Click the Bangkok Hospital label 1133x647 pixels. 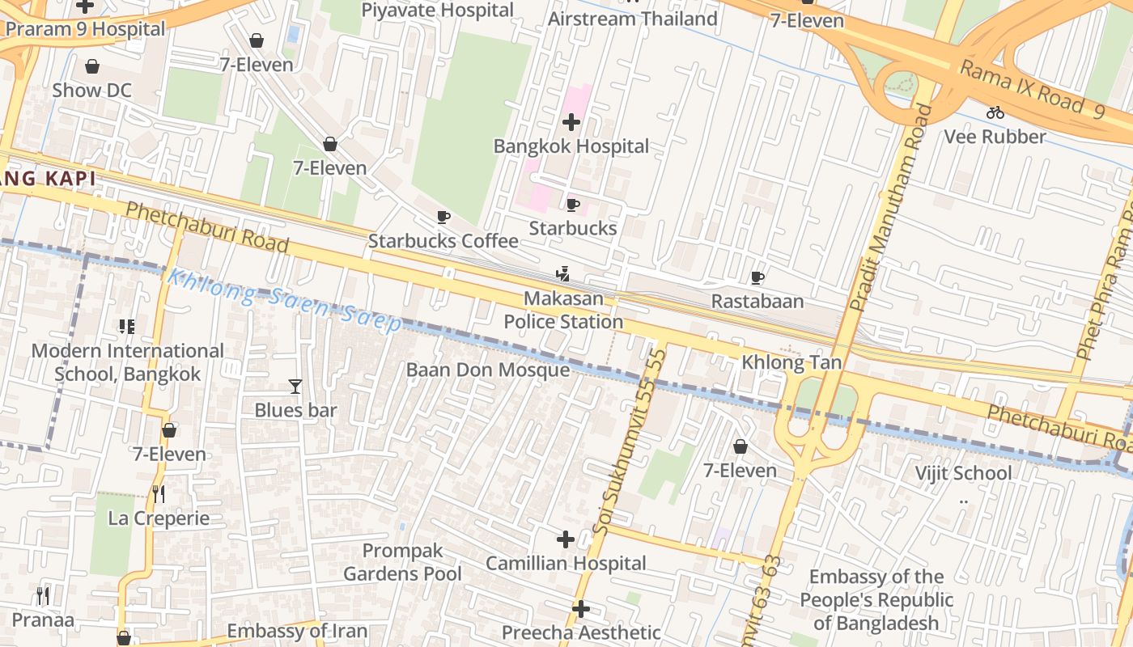[x=571, y=146]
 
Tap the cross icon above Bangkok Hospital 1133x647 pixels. [x=571, y=122]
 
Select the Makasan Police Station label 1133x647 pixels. [x=564, y=311]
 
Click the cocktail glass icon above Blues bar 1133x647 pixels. [x=295, y=387]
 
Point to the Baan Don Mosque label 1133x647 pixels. [x=488, y=370]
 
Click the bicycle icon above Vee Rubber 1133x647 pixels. [x=995, y=112]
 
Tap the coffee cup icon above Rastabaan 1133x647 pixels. [x=757, y=278]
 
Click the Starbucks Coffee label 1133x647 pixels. [x=443, y=241]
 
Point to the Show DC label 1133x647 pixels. [x=91, y=91]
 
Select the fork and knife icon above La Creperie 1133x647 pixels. [x=159, y=493]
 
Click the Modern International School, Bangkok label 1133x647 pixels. [x=128, y=362]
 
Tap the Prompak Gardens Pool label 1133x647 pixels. [x=403, y=563]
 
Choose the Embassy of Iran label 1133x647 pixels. [x=297, y=631]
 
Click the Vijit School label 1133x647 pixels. [x=963, y=473]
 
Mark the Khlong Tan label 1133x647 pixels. [x=792, y=362]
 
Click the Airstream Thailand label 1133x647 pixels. [x=633, y=19]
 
